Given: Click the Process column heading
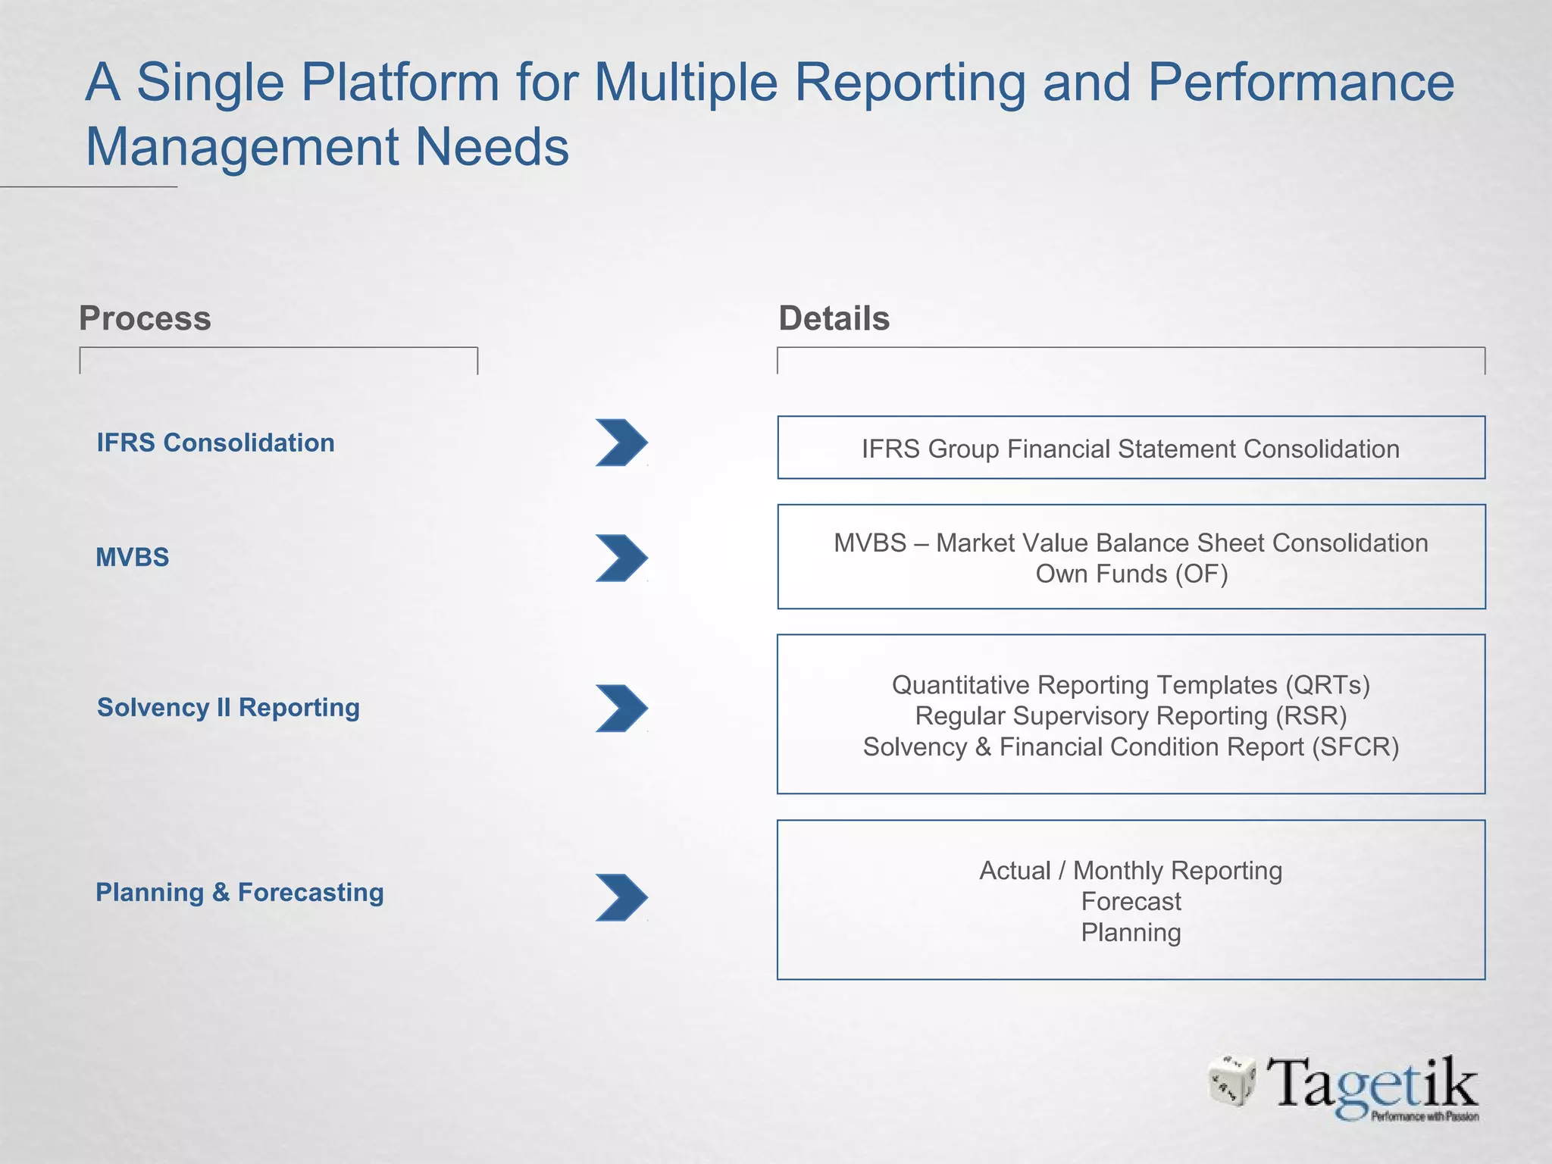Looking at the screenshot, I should (x=145, y=318).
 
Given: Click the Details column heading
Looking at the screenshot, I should (x=834, y=318).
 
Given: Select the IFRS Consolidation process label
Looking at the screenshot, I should (x=215, y=443).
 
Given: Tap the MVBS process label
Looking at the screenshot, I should (x=132, y=557).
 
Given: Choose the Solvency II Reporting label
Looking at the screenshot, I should (x=228, y=707).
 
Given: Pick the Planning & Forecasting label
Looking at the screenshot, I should (x=239, y=892).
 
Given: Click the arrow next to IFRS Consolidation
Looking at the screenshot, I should (x=621, y=443).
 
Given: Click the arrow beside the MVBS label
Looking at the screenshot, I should (x=621, y=558).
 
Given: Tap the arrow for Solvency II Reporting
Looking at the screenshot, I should (x=621, y=708).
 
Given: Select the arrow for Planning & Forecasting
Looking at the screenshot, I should (x=621, y=897).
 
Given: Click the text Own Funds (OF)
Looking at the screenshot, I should (x=1131, y=574).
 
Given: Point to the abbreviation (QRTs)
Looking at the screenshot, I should (x=1328, y=685).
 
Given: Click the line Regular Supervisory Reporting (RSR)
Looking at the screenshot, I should (x=1131, y=716).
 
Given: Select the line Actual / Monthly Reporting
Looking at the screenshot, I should (x=1131, y=871).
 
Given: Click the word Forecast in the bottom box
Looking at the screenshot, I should (x=1131, y=902).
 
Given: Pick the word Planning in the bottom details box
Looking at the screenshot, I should (x=1131, y=933).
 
